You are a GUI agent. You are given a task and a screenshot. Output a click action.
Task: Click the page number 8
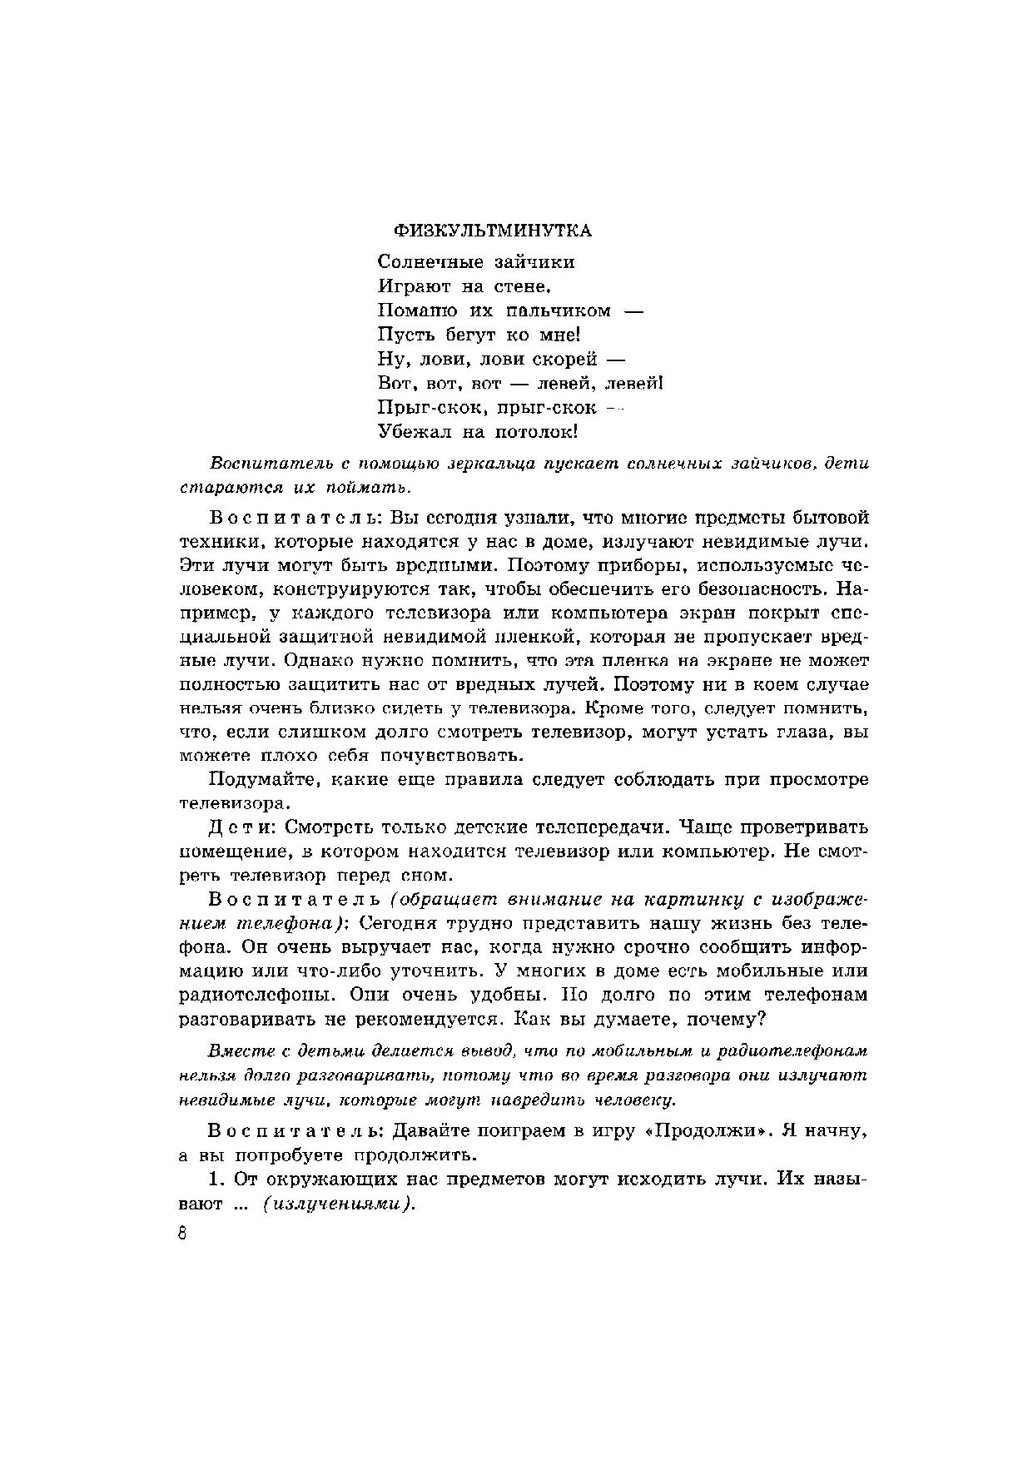(183, 1233)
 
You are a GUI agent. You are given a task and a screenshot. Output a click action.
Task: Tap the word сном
(426, 876)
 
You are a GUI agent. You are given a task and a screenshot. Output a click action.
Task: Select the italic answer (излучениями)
(339, 1204)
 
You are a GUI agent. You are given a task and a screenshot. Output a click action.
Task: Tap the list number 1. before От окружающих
(216, 1180)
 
